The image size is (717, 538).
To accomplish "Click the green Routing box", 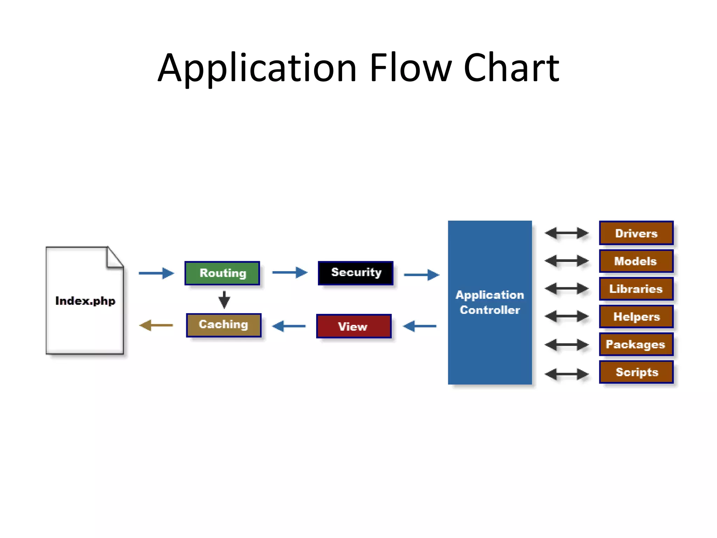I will [x=222, y=273].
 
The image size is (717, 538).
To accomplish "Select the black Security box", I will [x=356, y=273].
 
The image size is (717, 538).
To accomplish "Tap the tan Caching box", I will [x=224, y=325].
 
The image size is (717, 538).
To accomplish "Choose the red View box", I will [x=354, y=326].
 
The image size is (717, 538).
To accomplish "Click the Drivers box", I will [x=636, y=233].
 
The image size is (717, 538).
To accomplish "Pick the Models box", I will [x=636, y=261].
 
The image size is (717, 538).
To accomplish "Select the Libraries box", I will [x=636, y=289].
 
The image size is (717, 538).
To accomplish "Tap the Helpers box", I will [x=636, y=317].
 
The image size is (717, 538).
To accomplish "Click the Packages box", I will [x=636, y=344].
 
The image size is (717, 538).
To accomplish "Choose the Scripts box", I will [x=636, y=372].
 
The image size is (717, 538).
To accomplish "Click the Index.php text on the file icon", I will [x=85, y=301].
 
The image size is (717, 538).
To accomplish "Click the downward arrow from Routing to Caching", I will [x=224, y=300].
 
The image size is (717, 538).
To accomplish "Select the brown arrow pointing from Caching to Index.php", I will [x=156, y=325].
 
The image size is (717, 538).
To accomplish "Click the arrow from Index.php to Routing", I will [x=156, y=273].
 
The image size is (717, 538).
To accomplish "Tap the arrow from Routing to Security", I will [x=290, y=272].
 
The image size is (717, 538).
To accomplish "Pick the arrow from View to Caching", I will [x=289, y=326].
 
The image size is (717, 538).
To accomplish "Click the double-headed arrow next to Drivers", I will [x=566, y=233].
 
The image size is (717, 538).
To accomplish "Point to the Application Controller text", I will [x=490, y=302].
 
